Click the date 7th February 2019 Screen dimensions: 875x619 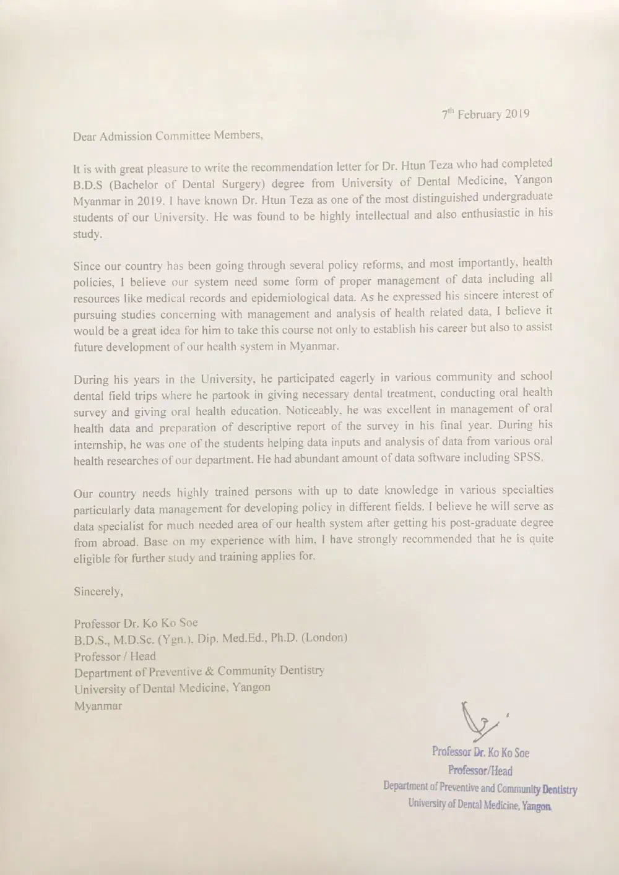pos(485,114)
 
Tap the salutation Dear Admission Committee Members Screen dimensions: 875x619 pos(168,136)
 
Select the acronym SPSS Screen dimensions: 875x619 pos(526,458)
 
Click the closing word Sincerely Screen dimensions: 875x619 pos(98,592)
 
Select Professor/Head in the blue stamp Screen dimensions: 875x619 pos(480,771)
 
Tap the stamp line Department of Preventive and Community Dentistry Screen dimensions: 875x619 pos(480,788)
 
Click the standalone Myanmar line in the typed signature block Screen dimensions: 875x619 pos(98,706)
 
